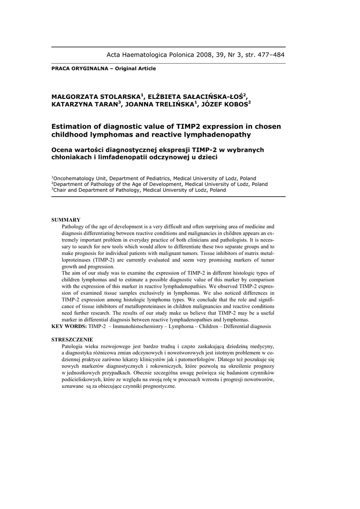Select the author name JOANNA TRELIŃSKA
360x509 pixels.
point(157,105)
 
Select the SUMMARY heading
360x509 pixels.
point(66,220)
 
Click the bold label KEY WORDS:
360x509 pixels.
point(69,327)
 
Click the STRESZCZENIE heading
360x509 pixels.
point(72,339)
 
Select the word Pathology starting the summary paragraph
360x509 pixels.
point(75,226)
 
